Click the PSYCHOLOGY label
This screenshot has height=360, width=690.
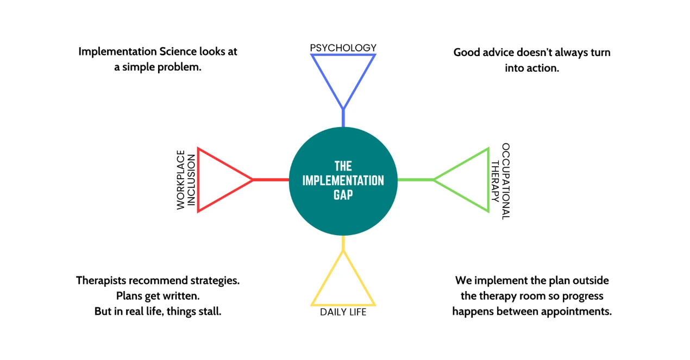(343, 48)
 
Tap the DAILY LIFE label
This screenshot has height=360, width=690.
(343, 312)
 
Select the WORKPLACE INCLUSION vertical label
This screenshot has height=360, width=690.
(186, 180)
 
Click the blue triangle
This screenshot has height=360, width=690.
(343, 76)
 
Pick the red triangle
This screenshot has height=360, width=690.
(217, 180)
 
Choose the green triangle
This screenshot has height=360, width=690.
(468, 180)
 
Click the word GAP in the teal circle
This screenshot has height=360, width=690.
(343, 194)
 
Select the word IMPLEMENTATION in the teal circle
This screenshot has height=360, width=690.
(343, 180)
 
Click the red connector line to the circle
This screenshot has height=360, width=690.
(271, 180)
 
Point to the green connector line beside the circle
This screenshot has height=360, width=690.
(416, 180)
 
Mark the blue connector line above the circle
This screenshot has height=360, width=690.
(343, 118)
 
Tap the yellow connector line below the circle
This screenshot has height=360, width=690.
(343, 243)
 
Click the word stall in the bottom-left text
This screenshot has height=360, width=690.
(207, 312)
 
